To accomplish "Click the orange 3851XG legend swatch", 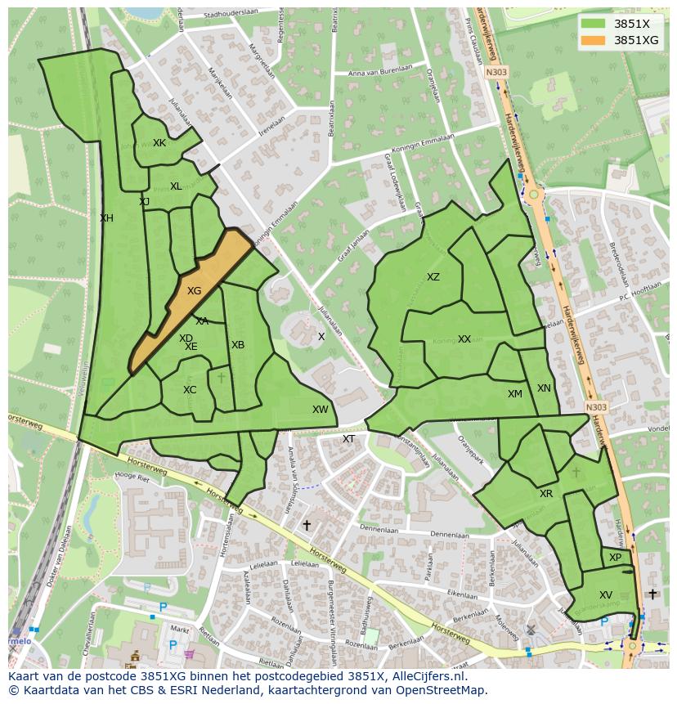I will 594,40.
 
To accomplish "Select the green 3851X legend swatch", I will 594,24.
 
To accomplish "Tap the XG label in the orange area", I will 194,291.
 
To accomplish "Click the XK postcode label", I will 159,143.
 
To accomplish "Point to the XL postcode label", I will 176,186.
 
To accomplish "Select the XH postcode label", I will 106,218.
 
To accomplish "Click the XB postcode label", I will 238,345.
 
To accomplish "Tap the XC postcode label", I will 190,390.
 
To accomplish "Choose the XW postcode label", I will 320,410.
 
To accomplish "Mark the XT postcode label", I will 348,439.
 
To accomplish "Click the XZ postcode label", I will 433,277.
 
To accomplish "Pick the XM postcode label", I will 514,394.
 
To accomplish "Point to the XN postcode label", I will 544,388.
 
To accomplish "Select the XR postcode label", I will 546,494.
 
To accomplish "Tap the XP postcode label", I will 615,558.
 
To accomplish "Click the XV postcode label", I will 606,595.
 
